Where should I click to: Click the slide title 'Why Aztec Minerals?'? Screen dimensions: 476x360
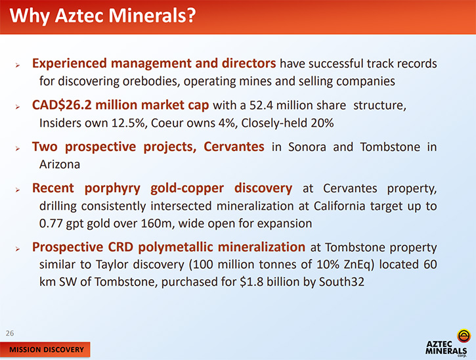(x=102, y=16)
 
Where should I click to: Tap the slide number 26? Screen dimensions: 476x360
(x=10, y=333)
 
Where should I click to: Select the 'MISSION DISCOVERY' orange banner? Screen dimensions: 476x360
(x=45, y=349)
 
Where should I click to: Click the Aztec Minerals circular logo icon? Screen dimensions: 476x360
(x=464, y=336)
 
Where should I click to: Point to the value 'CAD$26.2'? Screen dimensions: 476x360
(x=62, y=105)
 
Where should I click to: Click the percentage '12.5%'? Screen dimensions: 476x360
(x=128, y=123)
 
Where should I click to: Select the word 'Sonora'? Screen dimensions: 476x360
(x=307, y=147)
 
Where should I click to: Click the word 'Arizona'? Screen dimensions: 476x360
(x=60, y=165)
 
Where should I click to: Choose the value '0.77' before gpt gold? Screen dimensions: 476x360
(x=51, y=224)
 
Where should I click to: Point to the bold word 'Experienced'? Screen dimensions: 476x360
(x=70, y=64)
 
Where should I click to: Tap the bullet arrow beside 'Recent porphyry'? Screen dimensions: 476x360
(x=18, y=190)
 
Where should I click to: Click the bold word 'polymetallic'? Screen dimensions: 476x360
(x=175, y=247)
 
